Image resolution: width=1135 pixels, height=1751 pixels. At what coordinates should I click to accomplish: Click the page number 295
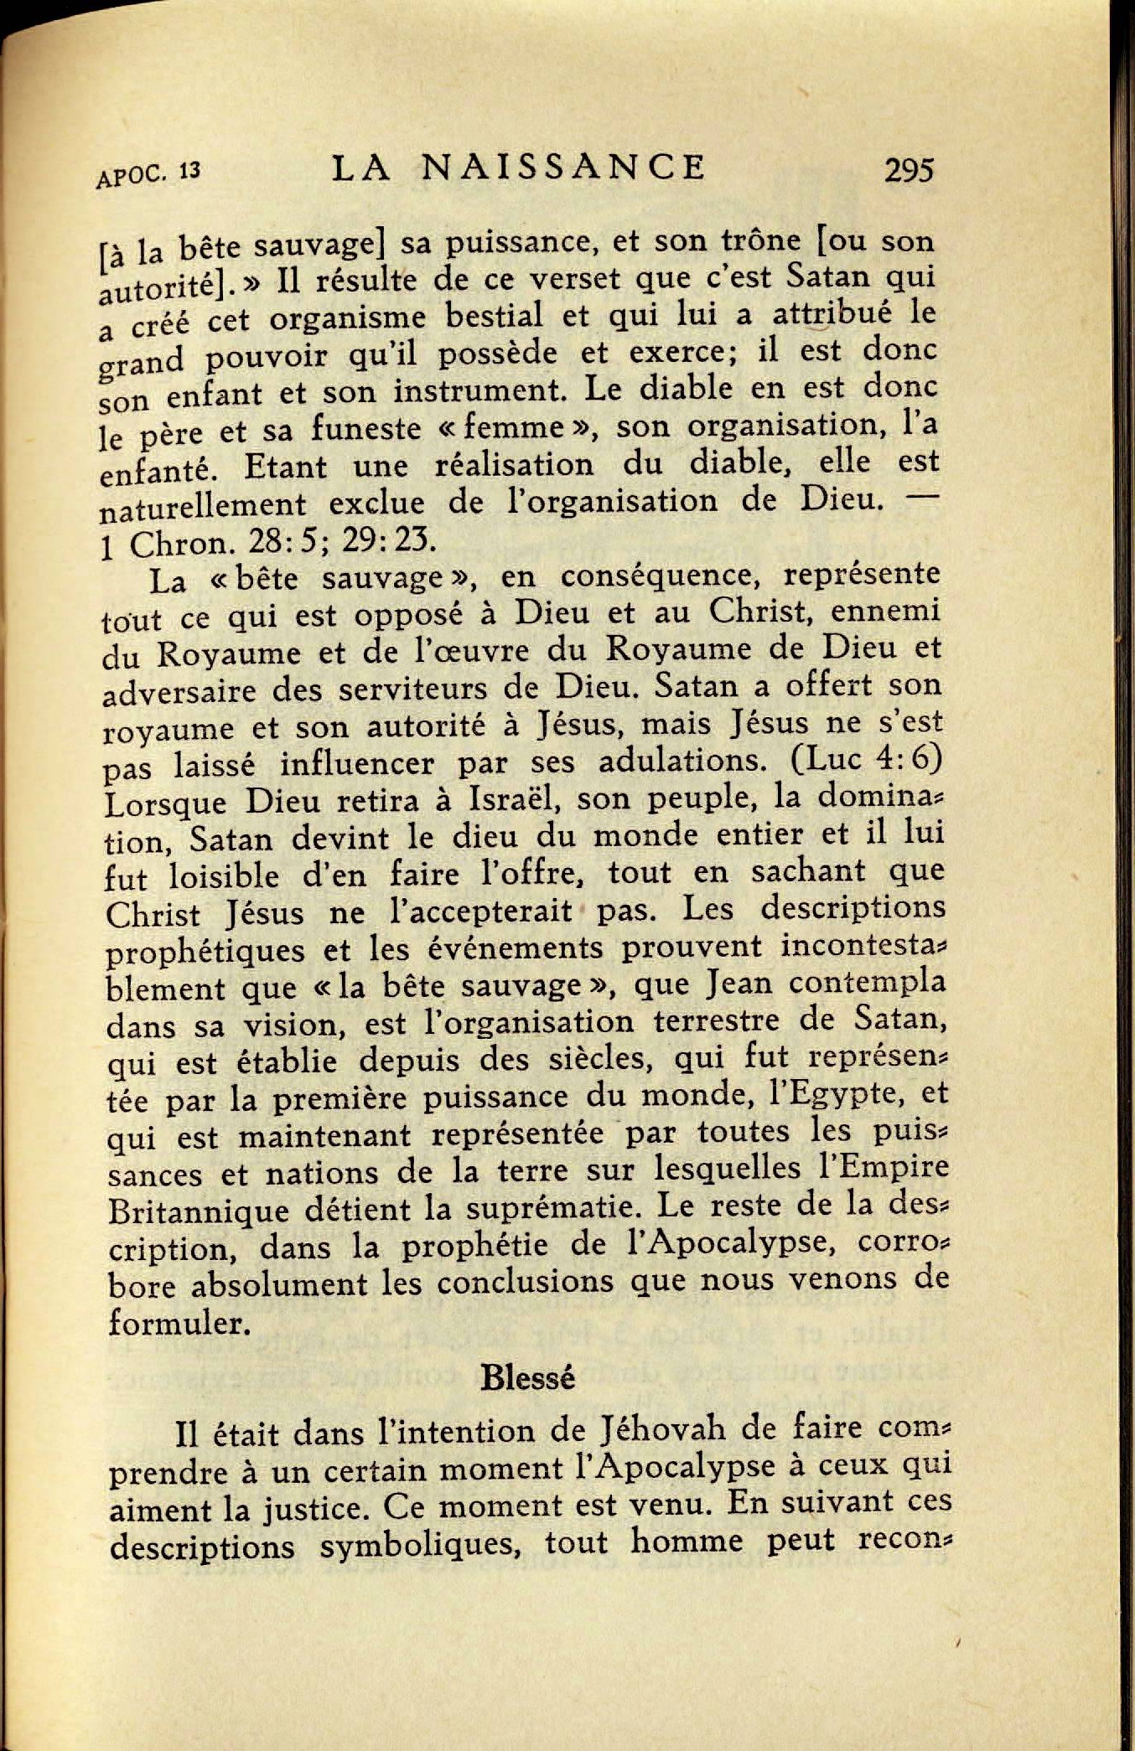(x=908, y=170)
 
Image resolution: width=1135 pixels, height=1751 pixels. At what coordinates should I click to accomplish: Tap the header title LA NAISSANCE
(x=519, y=168)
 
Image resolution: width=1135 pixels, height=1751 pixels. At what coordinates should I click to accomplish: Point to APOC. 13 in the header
(x=148, y=175)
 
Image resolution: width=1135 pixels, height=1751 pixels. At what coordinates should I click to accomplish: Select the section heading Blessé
(x=528, y=1378)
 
